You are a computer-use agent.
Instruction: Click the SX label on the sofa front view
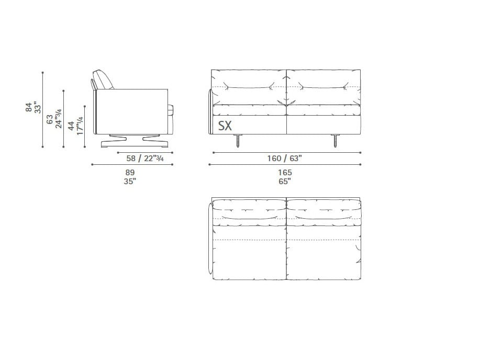point(225,126)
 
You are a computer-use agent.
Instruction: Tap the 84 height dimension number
point(29,107)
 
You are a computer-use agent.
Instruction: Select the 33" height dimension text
point(37,107)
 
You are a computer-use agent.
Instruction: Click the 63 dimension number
point(50,120)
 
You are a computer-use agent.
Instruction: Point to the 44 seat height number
point(71,126)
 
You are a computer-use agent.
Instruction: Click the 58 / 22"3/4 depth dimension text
point(145,158)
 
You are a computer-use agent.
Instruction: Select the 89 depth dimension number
point(130,173)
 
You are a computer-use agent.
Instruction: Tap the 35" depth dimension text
point(130,181)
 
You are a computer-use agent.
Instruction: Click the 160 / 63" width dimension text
point(285,158)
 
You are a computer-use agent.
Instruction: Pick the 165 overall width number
point(285,173)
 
